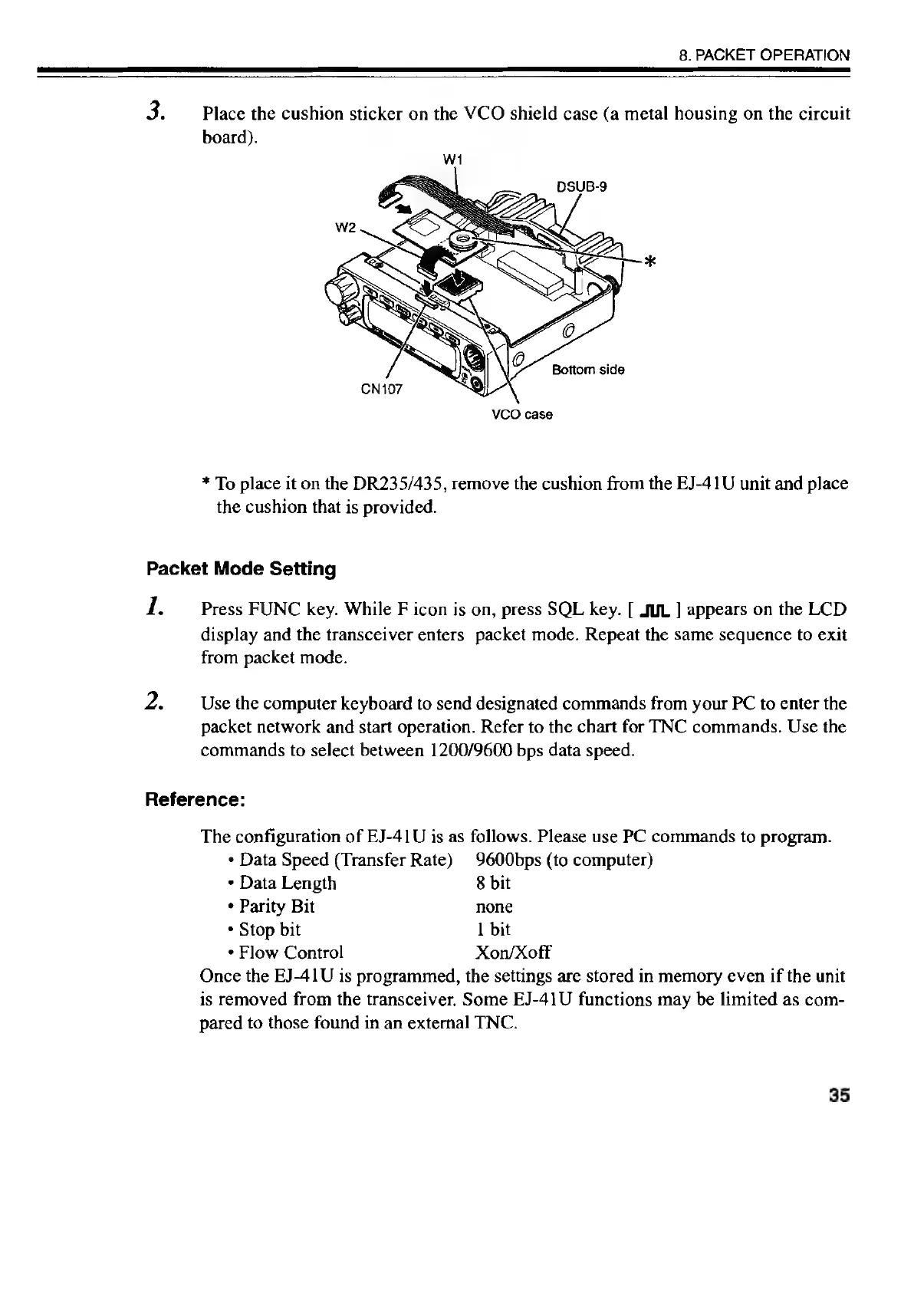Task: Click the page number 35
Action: pyautogui.click(x=838, y=1096)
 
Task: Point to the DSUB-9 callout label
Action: pyautogui.click(x=581, y=185)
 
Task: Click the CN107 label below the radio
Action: pyautogui.click(x=382, y=387)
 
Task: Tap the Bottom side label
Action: pyautogui.click(x=588, y=370)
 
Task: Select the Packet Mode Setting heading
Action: pyautogui.click(x=241, y=569)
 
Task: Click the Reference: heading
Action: pyautogui.click(x=195, y=800)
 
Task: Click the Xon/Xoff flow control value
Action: pyautogui.click(x=513, y=953)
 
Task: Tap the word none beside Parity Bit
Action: pyautogui.click(x=494, y=907)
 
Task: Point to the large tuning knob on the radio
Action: pyautogui.click(x=339, y=291)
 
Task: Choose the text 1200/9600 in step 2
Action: pyautogui.click(x=459, y=750)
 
